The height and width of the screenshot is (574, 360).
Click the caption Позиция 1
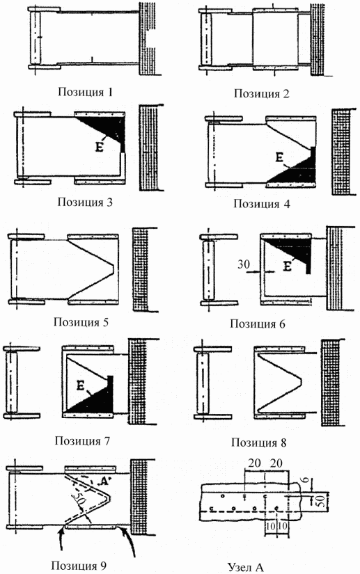tap(86, 92)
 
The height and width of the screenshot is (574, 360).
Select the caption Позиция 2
tap(262, 94)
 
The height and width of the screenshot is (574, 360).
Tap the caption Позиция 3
tap(85, 202)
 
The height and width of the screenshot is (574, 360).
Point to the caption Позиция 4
tap(262, 204)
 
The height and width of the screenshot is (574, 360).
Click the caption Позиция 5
tap(81, 322)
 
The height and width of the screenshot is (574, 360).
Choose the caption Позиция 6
tap(258, 324)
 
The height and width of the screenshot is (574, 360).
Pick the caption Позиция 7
tap(82, 440)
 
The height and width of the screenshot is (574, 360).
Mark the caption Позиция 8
tap(258, 443)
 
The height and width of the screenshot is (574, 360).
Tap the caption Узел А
tap(246, 567)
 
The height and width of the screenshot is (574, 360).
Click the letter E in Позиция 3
tap(99, 148)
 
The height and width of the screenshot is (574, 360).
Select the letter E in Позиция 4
tap(279, 158)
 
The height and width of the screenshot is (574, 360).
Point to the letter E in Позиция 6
tap(288, 266)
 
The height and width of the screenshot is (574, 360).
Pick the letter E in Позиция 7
tap(81, 385)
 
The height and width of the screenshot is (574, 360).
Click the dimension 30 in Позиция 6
tap(244, 264)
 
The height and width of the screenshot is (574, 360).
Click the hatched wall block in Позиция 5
tap(141, 270)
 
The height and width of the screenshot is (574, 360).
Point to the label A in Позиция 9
tap(104, 481)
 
